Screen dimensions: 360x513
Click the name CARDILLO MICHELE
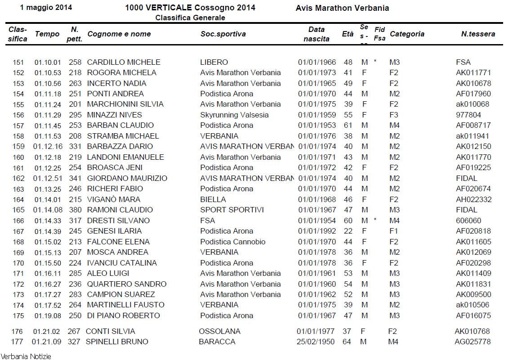tap(123, 62)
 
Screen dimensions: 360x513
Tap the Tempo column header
tap(47, 34)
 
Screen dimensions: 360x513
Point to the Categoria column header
tap(407, 34)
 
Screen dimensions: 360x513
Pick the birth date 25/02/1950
tap(316, 342)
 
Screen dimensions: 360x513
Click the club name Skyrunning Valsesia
tap(234, 115)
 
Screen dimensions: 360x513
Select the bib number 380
tap(75, 210)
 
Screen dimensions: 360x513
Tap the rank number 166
tap(18, 220)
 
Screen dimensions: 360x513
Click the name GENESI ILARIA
tap(114, 231)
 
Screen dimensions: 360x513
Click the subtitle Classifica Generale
tap(190, 18)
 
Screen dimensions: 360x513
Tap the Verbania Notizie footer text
tap(26, 356)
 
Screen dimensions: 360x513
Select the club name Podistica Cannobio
tap(232, 242)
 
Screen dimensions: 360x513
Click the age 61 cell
tap(348, 125)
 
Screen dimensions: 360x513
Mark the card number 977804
tap(468, 115)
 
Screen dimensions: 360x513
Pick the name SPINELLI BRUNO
tap(117, 342)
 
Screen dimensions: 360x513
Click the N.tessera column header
tap(478, 34)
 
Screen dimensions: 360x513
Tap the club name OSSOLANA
tap(219, 331)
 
